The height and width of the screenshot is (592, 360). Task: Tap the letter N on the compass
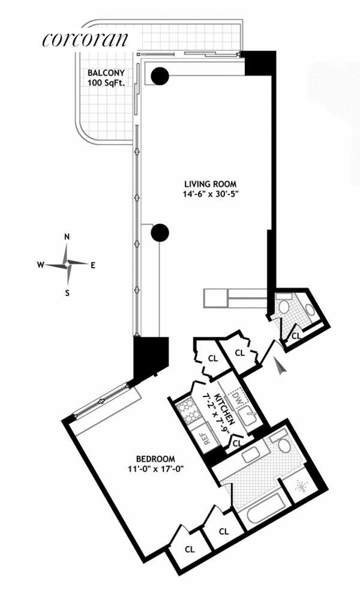coord(67,237)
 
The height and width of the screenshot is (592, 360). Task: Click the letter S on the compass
coord(68,292)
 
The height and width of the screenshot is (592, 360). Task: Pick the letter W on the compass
coord(40,264)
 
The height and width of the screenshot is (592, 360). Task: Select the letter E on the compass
coord(93,264)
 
